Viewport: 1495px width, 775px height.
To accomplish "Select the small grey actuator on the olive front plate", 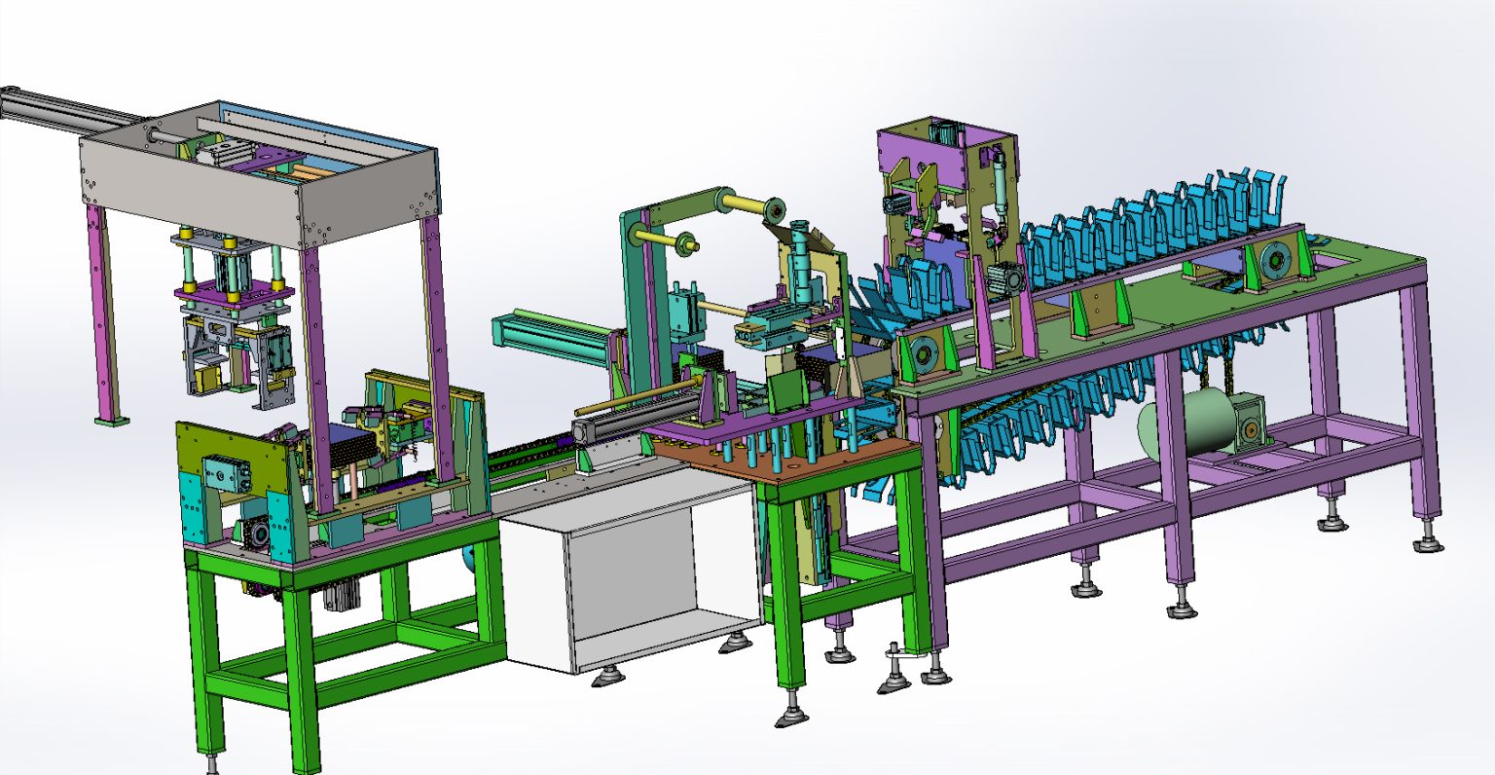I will click(225, 475).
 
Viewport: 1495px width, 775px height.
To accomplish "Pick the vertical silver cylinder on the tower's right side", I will click(998, 185).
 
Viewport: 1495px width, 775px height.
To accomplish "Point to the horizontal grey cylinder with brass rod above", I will click(623, 429).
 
